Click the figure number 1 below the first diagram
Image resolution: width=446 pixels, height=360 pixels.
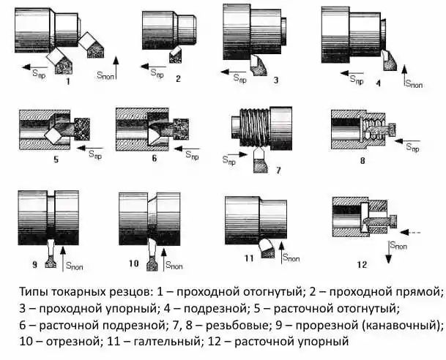(x=67, y=82)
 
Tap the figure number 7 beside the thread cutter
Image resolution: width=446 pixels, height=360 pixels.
(x=278, y=170)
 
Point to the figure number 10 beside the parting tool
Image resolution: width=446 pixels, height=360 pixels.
(x=133, y=262)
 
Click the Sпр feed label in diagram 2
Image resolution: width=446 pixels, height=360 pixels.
(x=157, y=71)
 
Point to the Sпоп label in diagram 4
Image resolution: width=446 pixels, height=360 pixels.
(x=415, y=85)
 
